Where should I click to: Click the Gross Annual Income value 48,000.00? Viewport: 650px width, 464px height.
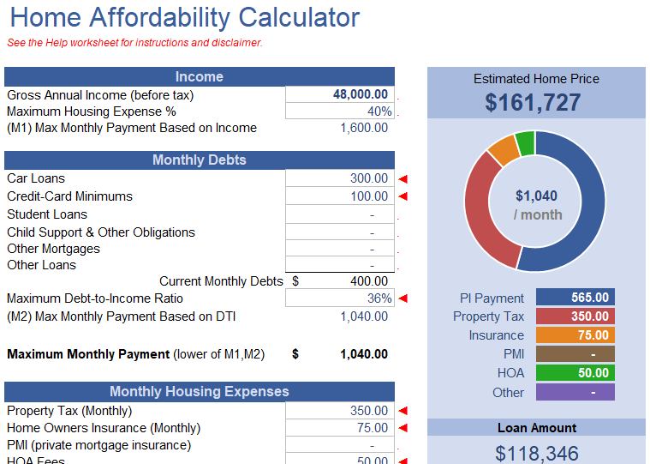[x=360, y=94]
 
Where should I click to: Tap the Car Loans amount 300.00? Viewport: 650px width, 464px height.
[x=369, y=178]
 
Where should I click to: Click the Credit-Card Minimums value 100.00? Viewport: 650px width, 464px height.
[x=369, y=196]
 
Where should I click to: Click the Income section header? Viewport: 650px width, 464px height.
[x=200, y=76]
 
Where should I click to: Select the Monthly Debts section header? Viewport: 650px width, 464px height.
[x=200, y=160]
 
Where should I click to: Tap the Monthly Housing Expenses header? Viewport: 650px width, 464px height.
[x=200, y=391]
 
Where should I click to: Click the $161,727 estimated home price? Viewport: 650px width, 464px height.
[x=533, y=103]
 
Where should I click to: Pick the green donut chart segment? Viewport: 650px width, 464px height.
[x=525, y=142]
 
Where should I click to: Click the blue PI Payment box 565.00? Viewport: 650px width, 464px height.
[x=575, y=298]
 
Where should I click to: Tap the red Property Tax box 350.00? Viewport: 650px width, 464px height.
[x=575, y=316]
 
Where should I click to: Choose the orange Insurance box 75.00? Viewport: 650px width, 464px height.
[x=575, y=335]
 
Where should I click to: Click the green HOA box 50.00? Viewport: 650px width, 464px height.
[x=575, y=373]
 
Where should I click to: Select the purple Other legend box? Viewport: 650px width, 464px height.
[x=575, y=392]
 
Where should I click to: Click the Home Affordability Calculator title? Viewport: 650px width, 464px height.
[x=185, y=17]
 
